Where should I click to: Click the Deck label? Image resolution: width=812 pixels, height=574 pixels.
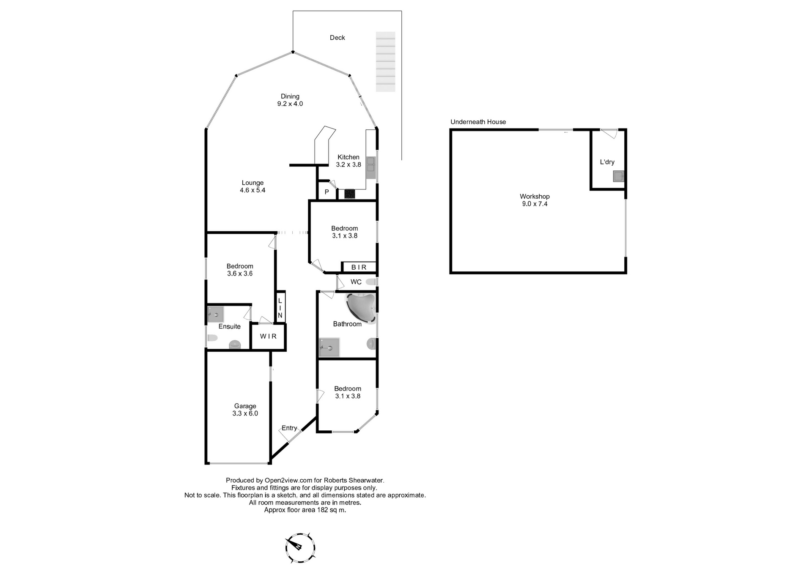point(337,38)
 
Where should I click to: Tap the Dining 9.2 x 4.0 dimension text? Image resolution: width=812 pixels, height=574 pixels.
point(290,104)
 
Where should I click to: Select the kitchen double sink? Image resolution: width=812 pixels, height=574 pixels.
point(371,164)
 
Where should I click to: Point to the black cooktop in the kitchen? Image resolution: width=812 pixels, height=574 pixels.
point(350,194)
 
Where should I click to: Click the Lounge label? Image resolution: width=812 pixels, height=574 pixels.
point(252,183)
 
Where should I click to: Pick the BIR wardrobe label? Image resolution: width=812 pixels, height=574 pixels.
point(359,267)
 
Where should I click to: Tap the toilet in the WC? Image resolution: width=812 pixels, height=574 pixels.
point(371,282)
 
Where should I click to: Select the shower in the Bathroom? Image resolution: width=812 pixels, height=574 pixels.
point(329,347)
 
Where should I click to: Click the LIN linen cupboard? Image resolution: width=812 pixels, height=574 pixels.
point(280,307)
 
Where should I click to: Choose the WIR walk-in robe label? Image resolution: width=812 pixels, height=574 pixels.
point(268,336)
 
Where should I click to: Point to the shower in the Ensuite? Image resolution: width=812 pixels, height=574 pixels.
point(216,314)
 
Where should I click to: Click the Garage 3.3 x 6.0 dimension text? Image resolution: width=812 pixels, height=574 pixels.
point(245,414)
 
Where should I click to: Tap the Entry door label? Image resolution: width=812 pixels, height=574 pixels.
point(289,428)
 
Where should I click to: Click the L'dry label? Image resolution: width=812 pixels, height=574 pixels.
point(607,162)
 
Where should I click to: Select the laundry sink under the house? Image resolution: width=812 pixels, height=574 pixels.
point(619,176)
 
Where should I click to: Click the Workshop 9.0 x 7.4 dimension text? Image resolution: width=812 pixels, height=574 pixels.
point(535,204)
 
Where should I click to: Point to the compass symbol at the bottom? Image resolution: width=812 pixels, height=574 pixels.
point(300,548)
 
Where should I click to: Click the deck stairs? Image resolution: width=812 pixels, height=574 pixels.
point(385,62)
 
